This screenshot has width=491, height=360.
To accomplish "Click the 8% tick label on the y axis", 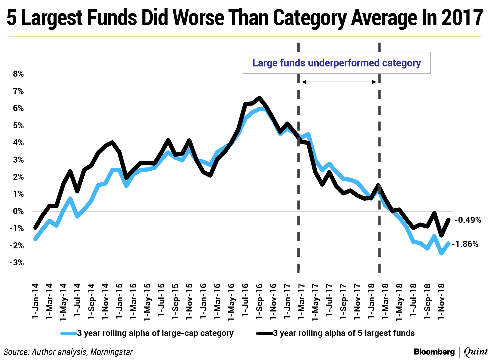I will pyautogui.click(x=18, y=74).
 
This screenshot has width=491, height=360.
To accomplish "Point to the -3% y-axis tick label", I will pyautogui.click(x=17, y=263).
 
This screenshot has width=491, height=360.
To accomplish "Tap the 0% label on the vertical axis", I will pyautogui.click(x=18, y=211).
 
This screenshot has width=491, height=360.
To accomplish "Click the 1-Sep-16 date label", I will pyautogui.click(x=259, y=301).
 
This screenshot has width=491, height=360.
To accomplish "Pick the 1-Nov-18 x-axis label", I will pyautogui.click(x=441, y=301).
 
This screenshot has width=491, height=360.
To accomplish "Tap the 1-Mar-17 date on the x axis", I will pyautogui.click(x=301, y=301).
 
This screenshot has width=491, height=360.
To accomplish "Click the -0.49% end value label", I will pyautogui.click(x=468, y=220).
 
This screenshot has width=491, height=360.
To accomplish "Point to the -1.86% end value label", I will pyautogui.click(x=465, y=244).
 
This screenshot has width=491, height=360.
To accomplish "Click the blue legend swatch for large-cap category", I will pyautogui.click(x=69, y=333).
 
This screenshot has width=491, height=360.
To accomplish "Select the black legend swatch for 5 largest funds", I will pyautogui.click(x=264, y=333).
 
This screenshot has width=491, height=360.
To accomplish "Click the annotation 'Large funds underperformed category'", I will pyautogui.click(x=337, y=63).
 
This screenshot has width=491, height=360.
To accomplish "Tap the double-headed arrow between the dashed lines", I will pyautogui.click(x=339, y=82).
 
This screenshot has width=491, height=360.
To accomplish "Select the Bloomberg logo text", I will pyautogui.click(x=434, y=352).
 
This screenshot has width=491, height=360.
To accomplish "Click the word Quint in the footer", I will pyautogui.click(x=476, y=352).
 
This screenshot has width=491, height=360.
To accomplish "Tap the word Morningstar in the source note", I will pyautogui.click(x=111, y=352).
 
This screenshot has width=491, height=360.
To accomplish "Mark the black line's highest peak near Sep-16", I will pyautogui.click(x=259, y=98).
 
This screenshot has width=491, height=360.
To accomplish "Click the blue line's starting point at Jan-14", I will pyautogui.click(x=35, y=239).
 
